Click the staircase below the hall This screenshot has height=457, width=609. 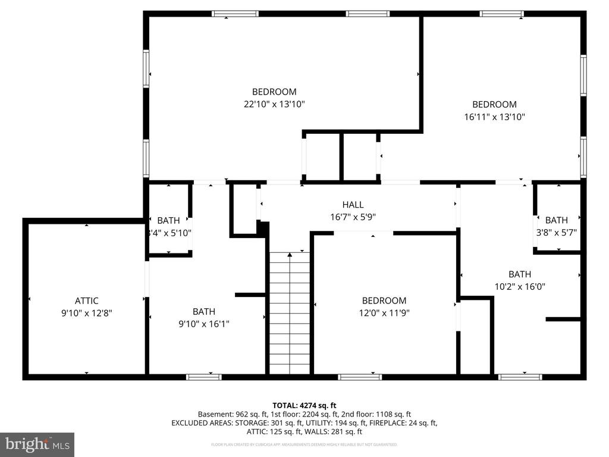tap(290, 314)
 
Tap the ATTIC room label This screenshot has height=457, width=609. tap(86, 301)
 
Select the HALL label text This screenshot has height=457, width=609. tap(353, 205)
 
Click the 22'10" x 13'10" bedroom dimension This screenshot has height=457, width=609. tap(274, 104)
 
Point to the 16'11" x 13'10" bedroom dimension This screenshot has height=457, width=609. tap(494, 117)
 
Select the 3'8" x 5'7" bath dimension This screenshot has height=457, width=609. tap(556, 233)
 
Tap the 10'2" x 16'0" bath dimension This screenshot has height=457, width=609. tap(519, 286)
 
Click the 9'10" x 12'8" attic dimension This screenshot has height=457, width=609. tap(86, 313)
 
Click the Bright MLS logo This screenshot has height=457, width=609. tap(37, 444)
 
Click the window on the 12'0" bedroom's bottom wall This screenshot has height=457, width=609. tap(360, 377)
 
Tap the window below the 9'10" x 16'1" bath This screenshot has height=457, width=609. tap(203, 377)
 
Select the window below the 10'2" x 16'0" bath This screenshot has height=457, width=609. tap(520, 377)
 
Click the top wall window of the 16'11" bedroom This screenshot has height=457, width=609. tap(502, 14)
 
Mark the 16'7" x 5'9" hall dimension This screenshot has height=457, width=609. tap(353, 217)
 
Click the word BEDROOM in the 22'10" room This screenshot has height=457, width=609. tap(274, 92)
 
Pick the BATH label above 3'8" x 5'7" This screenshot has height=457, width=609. tap(556, 220)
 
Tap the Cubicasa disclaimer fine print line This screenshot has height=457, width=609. tap(304, 445)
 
